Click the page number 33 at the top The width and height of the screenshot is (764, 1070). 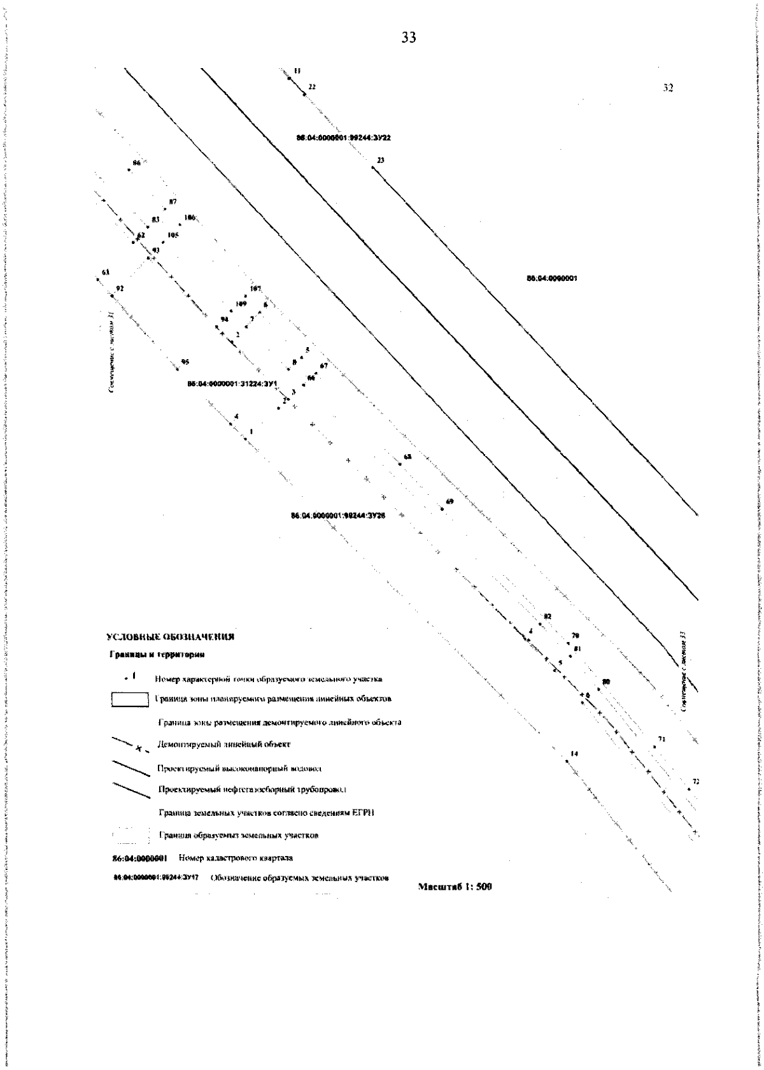pos(409,38)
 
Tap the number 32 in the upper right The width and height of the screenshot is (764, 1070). pos(668,89)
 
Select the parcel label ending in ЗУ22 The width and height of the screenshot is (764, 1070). pos(352,138)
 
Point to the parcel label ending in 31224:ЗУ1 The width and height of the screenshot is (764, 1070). pos(233,384)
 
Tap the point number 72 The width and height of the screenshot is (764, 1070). pos(696,764)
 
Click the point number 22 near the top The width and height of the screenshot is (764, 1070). pos(312,86)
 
